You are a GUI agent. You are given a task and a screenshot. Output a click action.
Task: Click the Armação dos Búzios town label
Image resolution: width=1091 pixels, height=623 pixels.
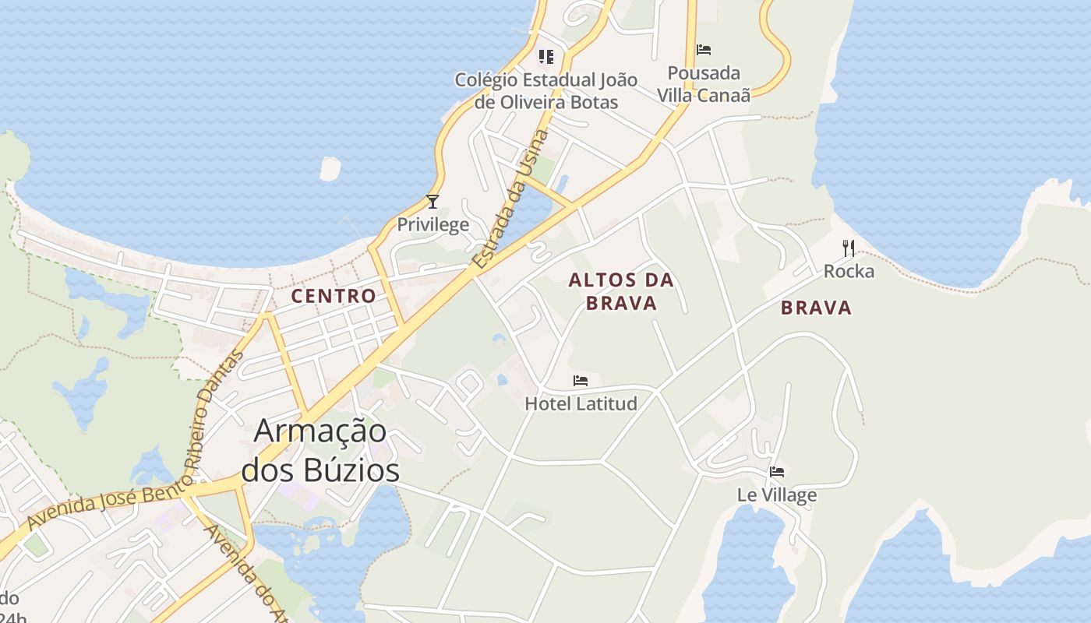tap(320, 451)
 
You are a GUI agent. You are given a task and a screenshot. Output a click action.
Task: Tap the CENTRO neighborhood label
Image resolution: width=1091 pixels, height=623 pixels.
tap(333, 296)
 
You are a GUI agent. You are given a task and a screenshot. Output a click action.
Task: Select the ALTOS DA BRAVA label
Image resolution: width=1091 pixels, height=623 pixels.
tap(621, 291)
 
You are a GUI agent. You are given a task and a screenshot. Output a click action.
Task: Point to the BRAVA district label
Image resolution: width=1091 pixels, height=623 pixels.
tap(816, 308)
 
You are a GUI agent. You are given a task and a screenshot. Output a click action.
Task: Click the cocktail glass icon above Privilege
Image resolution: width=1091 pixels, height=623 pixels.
tap(433, 202)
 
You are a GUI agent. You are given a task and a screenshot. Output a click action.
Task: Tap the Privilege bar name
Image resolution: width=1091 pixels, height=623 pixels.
tap(433, 225)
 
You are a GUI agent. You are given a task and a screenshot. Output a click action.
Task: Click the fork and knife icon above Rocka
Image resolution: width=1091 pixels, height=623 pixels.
tap(849, 248)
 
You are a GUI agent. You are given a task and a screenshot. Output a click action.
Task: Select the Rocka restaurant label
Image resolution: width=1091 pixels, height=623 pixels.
tap(849, 272)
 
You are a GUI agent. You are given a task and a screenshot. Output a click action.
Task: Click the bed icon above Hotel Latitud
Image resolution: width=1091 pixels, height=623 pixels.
tap(581, 381)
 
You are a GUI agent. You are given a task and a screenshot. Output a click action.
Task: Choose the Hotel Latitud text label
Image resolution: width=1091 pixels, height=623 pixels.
tap(581, 403)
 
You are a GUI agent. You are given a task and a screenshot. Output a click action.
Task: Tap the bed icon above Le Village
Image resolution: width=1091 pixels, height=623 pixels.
tap(777, 472)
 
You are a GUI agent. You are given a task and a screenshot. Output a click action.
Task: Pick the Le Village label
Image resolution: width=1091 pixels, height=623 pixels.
tap(777, 495)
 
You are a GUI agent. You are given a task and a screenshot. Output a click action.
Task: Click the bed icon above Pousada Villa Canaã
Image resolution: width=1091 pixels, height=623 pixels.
tap(704, 50)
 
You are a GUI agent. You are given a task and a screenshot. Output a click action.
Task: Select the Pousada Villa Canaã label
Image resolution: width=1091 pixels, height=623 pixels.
tap(704, 84)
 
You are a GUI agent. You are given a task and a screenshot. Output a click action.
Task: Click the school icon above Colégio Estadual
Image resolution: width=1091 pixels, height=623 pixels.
tap(545, 56)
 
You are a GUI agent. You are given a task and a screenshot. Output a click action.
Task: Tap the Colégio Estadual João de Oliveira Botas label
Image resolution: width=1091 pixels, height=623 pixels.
tap(545, 90)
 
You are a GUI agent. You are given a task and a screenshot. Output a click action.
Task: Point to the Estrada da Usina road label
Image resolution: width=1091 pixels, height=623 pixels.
tap(510, 201)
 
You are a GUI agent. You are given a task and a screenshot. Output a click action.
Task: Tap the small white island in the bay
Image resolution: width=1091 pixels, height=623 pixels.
tap(330, 168)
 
